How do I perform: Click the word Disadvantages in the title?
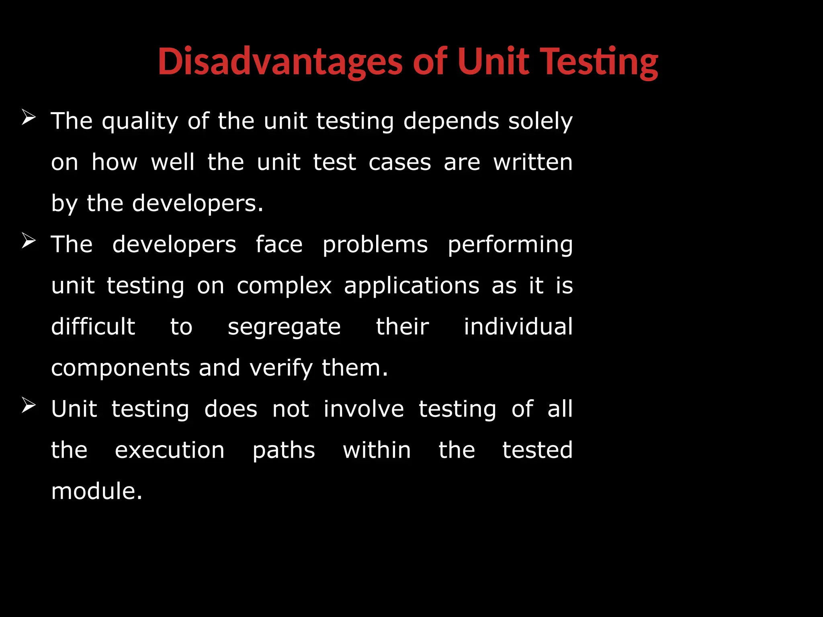click(280, 61)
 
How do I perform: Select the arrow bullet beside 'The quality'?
click(29, 118)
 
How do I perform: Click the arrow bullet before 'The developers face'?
click(29, 241)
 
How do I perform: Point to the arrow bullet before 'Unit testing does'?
click(29, 405)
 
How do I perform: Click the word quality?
click(140, 121)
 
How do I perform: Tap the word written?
click(533, 162)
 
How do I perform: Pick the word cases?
click(399, 162)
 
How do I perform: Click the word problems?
click(375, 245)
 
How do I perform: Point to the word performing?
click(510, 245)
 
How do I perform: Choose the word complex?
click(284, 286)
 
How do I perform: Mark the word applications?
click(411, 286)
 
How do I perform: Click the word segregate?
click(284, 327)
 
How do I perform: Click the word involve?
click(364, 409)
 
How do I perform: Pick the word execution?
click(170, 450)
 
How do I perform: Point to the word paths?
click(284, 450)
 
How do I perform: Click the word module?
click(96, 491)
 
